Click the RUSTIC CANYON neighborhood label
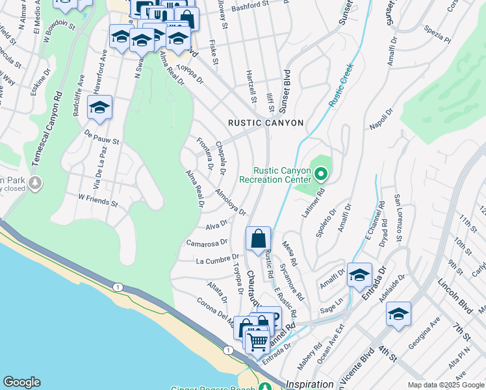(266, 123)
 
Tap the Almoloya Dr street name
(231, 201)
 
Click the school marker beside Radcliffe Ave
(99, 108)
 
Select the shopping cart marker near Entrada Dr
(258, 341)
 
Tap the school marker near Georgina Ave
(398, 315)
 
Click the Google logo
(21, 382)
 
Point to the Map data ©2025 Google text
(445, 385)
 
